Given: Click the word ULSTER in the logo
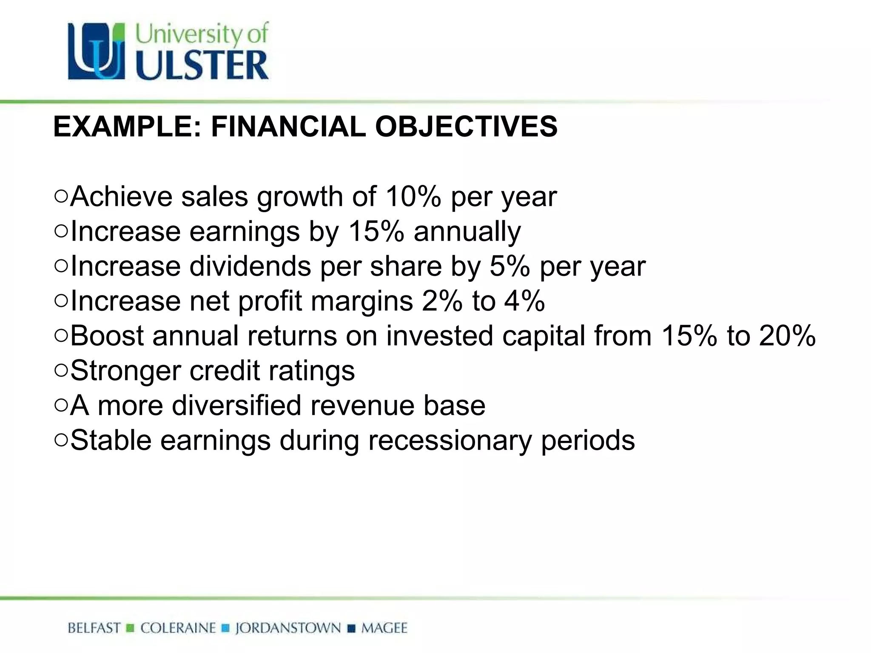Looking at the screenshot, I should pos(202,66).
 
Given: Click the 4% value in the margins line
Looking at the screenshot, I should pos(524,301).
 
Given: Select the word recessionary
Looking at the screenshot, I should pos(450,440).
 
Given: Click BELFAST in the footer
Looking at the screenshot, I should pos(94,628).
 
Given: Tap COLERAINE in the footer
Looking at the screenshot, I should pos(178,628).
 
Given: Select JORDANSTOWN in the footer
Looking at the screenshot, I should pos(288,628).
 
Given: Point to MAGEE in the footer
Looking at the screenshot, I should pos(384,628).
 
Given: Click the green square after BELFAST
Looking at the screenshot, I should pos(131,628).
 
